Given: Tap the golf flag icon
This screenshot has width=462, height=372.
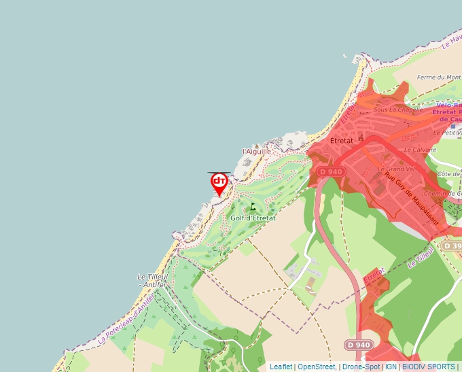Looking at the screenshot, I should click(x=253, y=206).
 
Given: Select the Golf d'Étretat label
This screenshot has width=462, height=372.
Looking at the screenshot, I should click(x=253, y=218).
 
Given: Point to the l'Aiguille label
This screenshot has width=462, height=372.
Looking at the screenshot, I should click(x=257, y=151).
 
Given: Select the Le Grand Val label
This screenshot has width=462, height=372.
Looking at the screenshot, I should click(x=396, y=169).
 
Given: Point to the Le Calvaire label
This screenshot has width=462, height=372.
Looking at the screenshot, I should click(x=419, y=150).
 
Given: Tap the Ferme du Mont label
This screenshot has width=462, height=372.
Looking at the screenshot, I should click(x=439, y=78).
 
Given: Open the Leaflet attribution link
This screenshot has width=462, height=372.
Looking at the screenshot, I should click(x=281, y=367).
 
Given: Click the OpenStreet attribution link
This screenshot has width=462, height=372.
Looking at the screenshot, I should click(x=316, y=367).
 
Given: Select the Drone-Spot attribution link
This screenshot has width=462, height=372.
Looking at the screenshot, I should click(x=361, y=367).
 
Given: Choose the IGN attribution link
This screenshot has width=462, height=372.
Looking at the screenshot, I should click(x=391, y=367).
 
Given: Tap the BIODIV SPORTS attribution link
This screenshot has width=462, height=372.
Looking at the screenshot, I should click(x=429, y=367).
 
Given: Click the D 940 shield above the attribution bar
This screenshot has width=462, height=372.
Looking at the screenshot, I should click(x=359, y=345).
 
